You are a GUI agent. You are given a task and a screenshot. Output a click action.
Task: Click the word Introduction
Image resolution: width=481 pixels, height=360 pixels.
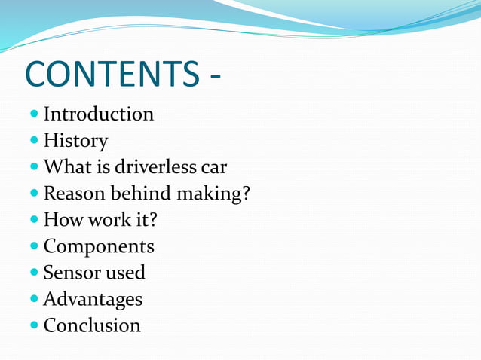99,114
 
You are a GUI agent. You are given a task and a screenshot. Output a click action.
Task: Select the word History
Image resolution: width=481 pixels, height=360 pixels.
75,141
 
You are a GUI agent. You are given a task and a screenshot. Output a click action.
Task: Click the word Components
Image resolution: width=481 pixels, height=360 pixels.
99,246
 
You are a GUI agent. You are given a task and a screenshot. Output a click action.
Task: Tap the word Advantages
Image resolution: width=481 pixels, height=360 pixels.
93,300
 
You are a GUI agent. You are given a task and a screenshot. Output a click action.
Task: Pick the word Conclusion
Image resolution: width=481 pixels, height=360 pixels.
92,326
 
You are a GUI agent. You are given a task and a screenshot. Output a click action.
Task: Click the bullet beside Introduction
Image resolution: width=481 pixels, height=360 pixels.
35,115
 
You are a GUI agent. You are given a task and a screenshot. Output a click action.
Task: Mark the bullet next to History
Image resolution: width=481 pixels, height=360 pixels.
35,142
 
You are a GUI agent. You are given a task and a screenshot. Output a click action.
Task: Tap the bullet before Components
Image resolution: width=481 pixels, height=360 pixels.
35,247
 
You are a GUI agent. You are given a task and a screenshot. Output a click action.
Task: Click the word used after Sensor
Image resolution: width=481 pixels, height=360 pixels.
125,273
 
